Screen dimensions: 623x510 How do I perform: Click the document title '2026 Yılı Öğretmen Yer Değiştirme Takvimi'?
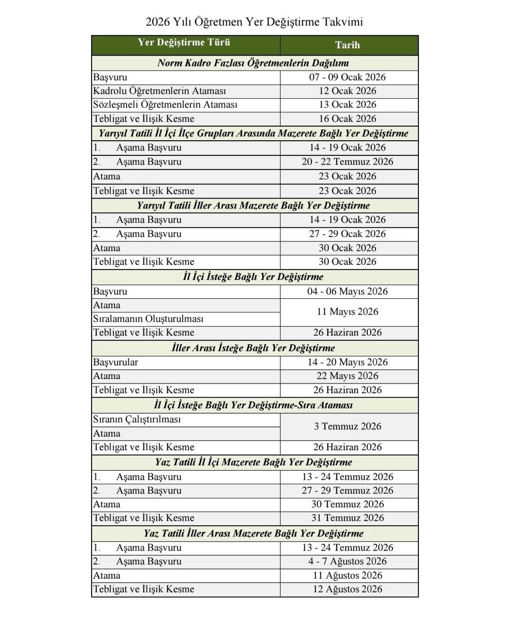(254, 22)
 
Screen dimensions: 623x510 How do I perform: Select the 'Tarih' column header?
(347, 45)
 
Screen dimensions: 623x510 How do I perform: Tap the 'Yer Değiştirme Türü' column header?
(184, 42)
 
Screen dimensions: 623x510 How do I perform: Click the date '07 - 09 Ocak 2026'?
(347, 77)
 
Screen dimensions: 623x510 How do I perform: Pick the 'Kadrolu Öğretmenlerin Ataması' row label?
(160, 91)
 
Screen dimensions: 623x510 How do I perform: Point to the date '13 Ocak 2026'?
(347, 105)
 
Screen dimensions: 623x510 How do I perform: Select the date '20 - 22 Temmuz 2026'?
(347, 162)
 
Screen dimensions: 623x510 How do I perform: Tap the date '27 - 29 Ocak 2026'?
(347, 234)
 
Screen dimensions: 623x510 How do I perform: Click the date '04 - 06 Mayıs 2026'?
(347, 292)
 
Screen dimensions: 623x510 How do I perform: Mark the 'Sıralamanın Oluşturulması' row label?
(148, 319)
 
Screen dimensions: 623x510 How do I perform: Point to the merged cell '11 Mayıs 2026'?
(347, 311)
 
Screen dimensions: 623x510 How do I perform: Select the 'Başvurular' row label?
(115, 362)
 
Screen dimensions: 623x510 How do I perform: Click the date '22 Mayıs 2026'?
(347, 376)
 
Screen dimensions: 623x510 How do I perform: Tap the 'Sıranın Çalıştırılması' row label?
(137, 420)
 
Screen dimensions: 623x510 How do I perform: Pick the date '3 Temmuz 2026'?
(347, 426)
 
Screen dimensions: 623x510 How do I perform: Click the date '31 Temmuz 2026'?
(347, 518)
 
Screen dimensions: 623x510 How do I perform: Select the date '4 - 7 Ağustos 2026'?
(347, 561)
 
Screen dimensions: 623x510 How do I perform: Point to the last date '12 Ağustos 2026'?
(347, 589)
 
